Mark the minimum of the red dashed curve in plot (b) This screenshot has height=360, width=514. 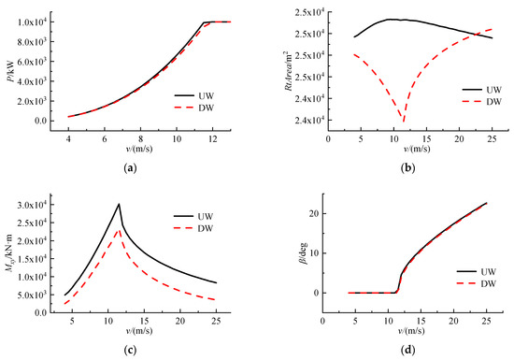point(404,121)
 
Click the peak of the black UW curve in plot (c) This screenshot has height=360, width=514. point(119,204)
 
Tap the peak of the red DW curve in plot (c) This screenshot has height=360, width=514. point(118,227)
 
